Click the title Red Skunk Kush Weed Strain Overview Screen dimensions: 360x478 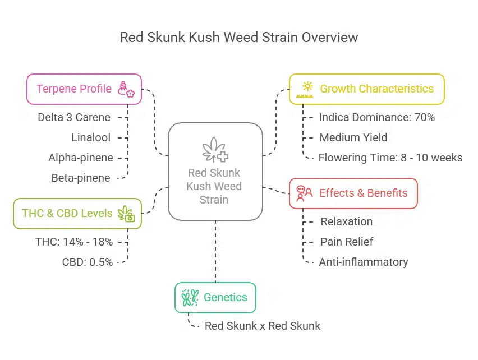click(239, 38)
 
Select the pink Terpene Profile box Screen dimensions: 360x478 click(84, 89)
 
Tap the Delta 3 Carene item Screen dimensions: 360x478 click(74, 117)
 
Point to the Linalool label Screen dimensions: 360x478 click(91, 137)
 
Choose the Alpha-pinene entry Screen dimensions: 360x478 click(81, 158)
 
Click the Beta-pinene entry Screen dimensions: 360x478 click(81, 178)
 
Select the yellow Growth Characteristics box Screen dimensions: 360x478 click(367, 89)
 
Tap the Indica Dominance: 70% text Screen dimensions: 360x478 click(376, 117)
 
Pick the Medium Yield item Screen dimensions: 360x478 click(353, 137)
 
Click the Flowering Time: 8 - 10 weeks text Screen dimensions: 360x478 click(390, 158)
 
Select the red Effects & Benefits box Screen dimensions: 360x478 click(353, 193)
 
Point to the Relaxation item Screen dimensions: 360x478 click(346, 221)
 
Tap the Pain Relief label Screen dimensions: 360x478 click(347, 242)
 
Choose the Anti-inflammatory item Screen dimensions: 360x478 click(363, 262)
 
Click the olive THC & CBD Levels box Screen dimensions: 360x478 click(77, 213)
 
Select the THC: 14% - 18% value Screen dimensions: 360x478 click(74, 242)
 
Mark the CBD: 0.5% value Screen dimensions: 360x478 click(88, 262)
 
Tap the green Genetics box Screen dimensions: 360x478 click(215, 297)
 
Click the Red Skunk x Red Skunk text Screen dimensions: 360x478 click(262, 326)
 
